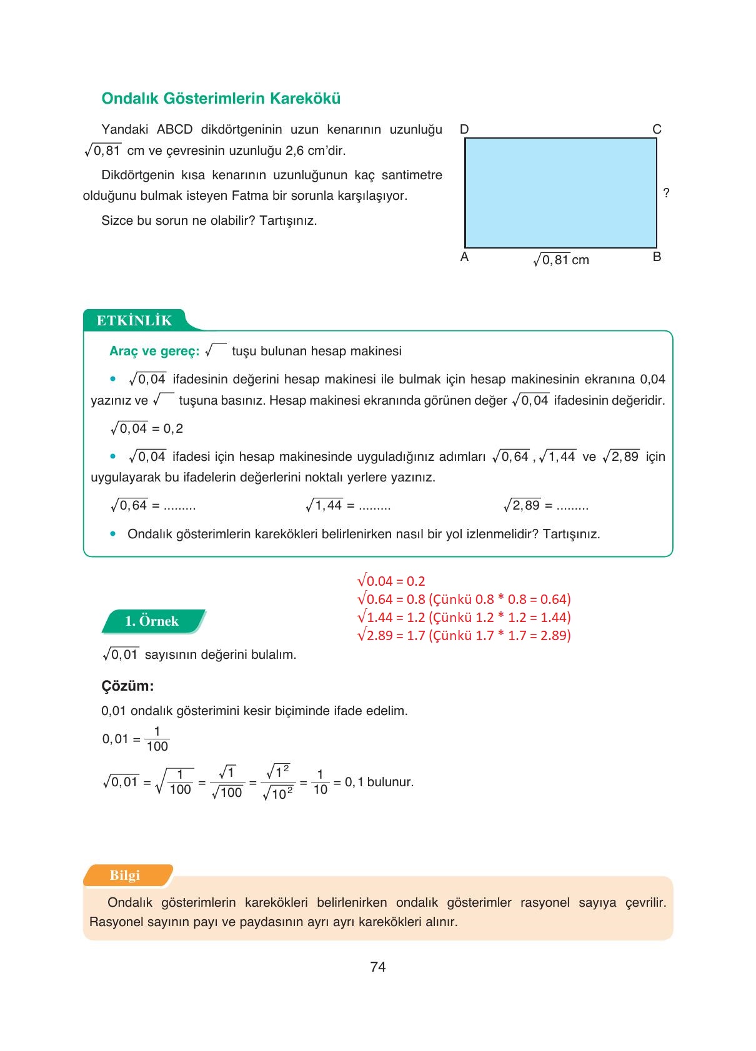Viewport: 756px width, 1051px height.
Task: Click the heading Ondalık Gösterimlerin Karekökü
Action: [221, 99]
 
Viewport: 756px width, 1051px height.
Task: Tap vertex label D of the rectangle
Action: [464, 129]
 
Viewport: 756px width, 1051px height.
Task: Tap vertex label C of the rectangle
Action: [657, 129]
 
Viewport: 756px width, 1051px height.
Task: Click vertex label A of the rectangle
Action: [464, 257]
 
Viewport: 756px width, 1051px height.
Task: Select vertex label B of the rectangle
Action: [657, 257]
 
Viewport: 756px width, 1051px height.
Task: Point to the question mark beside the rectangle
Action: [666, 193]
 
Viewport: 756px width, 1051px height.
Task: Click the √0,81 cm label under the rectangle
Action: [561, 260]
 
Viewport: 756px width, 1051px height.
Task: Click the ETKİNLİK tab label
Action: [134, 320]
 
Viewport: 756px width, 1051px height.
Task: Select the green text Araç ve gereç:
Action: [154, 351]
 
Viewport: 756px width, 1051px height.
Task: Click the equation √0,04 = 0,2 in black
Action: [147, 428]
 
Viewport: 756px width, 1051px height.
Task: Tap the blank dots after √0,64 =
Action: [179, 506]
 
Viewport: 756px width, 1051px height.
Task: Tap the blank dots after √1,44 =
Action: [374, 506]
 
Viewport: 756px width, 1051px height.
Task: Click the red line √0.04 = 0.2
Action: [391, 581]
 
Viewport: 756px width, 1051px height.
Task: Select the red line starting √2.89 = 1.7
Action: [464, 635]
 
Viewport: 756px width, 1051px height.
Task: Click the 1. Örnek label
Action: [152, 621]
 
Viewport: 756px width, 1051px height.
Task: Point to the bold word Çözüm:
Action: [127, 686]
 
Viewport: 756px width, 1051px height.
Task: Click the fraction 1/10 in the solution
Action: [320, 782]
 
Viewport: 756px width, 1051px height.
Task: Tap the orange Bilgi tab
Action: [125, 875]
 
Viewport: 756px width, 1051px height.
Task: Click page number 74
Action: [378, 967]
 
